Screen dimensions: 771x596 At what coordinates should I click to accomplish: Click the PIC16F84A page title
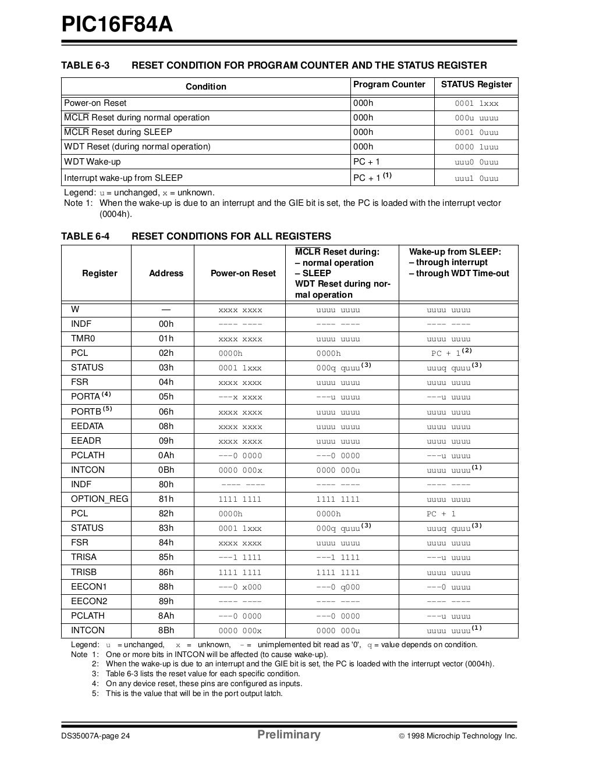117,24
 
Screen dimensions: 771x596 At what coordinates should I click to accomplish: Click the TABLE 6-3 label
85,65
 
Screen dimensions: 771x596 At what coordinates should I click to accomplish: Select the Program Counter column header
389,85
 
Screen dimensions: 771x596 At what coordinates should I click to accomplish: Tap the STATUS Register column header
476,85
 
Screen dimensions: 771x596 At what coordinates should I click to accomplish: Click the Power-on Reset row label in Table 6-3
95,103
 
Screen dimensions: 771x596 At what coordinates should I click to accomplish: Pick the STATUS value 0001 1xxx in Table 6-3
476,103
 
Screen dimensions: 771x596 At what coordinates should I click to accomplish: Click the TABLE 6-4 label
85,236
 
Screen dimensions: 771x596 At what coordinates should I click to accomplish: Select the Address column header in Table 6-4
166,273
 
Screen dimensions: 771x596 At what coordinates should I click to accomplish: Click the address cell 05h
166,397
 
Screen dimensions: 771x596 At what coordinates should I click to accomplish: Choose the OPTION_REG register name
99,499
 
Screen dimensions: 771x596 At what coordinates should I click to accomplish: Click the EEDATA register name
87,426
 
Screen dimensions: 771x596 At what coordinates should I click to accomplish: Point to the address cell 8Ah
166,616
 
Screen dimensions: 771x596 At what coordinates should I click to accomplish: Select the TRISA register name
84,557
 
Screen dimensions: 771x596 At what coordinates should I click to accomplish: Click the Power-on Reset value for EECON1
240,587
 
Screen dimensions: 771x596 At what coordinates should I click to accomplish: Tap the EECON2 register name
88,601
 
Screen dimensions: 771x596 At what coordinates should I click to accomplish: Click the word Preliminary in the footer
289,735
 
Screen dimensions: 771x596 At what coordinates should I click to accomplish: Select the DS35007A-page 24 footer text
96,736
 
